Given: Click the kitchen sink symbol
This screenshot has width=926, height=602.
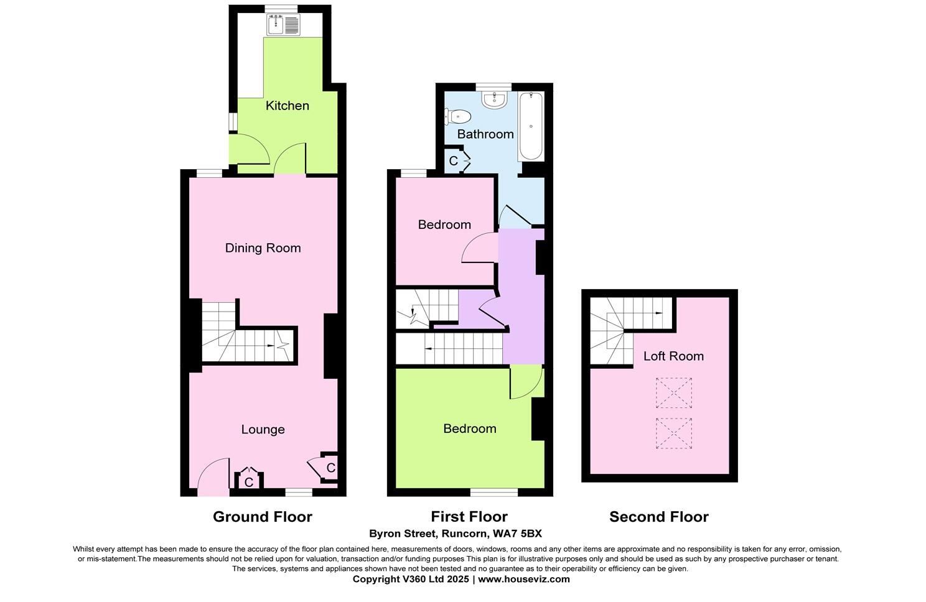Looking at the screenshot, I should coord(283,25).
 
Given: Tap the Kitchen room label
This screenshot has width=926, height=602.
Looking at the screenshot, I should coord(287,106).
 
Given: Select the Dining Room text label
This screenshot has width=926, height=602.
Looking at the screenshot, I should coord(263,248).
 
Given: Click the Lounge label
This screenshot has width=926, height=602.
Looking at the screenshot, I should coord(263,430).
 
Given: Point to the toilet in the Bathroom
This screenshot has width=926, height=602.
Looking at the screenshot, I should coord(459,116).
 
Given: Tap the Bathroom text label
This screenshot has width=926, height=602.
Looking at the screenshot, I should coord(485,134).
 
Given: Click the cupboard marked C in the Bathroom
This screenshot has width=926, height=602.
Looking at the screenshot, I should coord(454,160).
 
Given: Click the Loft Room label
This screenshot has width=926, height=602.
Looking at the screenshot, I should coord(673,356).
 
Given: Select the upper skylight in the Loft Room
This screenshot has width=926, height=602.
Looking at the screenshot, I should coord(674,392).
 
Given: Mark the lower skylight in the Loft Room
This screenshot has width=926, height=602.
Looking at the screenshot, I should coord(674,433).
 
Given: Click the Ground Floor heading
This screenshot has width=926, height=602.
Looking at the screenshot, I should coord(262,517).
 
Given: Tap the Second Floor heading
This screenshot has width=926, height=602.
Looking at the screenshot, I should coord(658,517).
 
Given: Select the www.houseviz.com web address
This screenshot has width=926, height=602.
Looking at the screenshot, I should coord(523,579).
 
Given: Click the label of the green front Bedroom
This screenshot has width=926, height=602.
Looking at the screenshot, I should coord(469,428).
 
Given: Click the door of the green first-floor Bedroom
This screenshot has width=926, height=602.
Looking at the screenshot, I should coord(525,384).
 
